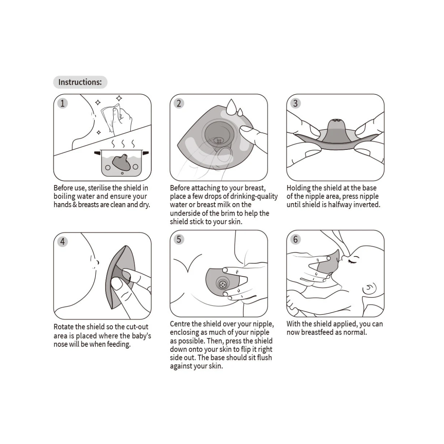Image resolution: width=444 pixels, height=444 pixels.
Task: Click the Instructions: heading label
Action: pyautogui.click(x=80, y=82)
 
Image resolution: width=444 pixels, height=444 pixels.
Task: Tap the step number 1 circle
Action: pyautogui.click(x=63, y=103)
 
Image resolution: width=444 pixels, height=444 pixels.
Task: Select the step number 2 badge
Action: pyautogui.click(x=179, y=103)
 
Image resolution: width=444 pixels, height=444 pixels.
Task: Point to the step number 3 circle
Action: pyautogui.click(x=295, y=103)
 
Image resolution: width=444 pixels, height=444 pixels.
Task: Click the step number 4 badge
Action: pyautogui.click(x=63, y=242)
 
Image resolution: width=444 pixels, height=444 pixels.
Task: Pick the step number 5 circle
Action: pyautogui.click(x=179, y=239)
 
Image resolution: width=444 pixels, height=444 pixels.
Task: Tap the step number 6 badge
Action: pyautogui.click(x=295, y=239)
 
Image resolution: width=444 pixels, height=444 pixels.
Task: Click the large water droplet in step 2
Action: pyautogui.click(x=231, y=107)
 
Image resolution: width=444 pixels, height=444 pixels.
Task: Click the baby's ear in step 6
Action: pyautogui.click(x=369, y=288)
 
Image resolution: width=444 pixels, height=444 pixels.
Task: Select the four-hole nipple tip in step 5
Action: pyautogui.click(x=222, y=284)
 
